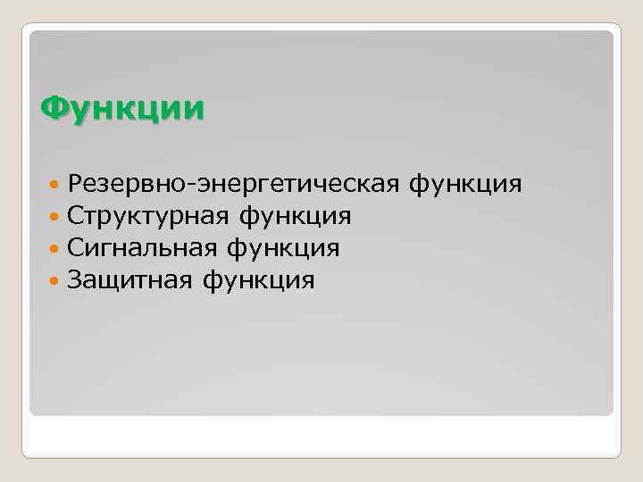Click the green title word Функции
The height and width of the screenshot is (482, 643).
tap(122, 110)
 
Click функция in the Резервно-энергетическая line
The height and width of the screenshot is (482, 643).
tap(464, 185)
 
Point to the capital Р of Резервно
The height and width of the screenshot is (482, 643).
tap(76, 185)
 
